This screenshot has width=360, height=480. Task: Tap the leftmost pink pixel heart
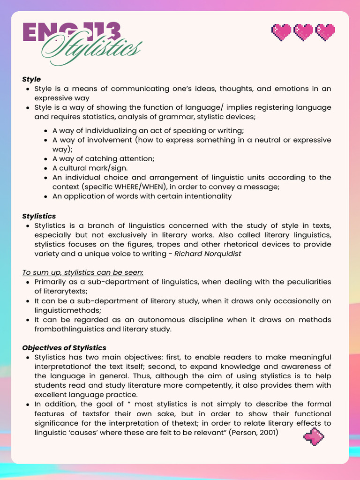point(281,32)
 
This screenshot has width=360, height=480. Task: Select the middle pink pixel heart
point(303,32)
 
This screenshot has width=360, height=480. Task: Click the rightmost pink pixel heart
point(325,32)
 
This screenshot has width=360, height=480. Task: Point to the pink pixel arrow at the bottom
point(314,437)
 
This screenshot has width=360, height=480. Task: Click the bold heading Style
point(31,79)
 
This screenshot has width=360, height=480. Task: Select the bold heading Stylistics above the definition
point(39,216)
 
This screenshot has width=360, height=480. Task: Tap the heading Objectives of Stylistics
point(64,348)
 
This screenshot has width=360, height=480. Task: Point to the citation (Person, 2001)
point(254,432)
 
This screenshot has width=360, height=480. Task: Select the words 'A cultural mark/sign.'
point(90,168)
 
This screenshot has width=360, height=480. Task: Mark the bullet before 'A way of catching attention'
point(46,159)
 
